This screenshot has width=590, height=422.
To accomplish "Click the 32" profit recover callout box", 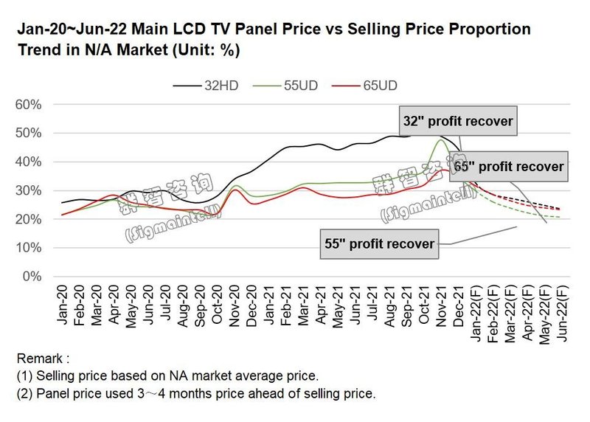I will click(458, 120).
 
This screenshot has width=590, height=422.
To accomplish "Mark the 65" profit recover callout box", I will click(508, 167).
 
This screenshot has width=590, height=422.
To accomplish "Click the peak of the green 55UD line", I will click(440, 139).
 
